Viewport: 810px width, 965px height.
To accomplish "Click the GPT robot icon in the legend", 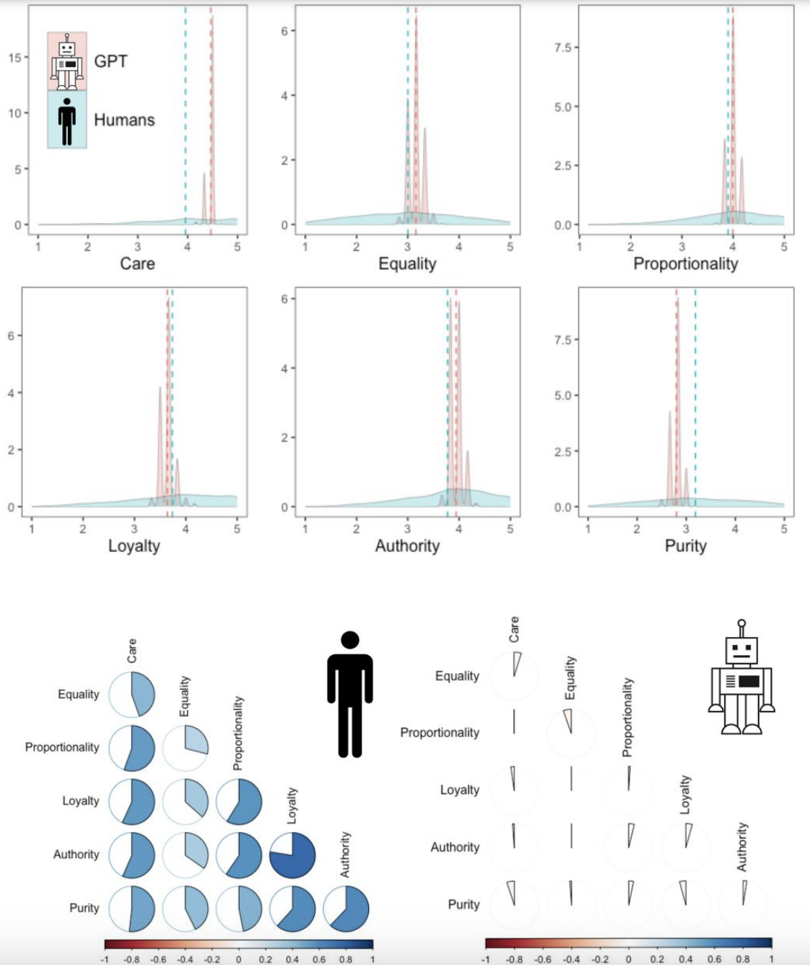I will click(x=67, y=61).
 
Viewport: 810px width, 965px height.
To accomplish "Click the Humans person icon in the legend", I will click(x=67, y=121).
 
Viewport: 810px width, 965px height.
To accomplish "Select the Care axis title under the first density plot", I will click(x=137, y=264).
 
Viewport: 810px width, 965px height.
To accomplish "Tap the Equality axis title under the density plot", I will click(x=407, y=264).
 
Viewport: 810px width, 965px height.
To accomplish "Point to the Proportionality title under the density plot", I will click(x=685, y=264).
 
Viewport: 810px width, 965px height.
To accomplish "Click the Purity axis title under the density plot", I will click(x=685, y=546).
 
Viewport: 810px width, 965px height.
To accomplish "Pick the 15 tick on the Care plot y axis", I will click(x=14, y=57).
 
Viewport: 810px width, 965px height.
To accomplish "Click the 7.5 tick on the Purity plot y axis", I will click(x=563, y=340).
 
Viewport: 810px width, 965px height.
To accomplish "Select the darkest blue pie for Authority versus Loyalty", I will click(x=292, y=854).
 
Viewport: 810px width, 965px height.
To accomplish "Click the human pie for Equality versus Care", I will click(x=132, y=694).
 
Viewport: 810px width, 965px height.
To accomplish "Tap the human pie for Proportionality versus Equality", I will click(x=186, y=748).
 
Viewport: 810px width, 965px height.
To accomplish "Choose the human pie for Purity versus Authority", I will click(x=346, y=908).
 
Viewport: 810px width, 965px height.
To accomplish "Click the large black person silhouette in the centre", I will click(x=350, y=694).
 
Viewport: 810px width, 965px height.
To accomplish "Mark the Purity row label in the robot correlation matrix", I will click(x=463, y=904).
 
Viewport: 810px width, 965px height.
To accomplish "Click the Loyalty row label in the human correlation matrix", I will click(x=80, y=801).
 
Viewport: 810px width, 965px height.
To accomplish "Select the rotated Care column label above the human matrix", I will click(x=131, y=651).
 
